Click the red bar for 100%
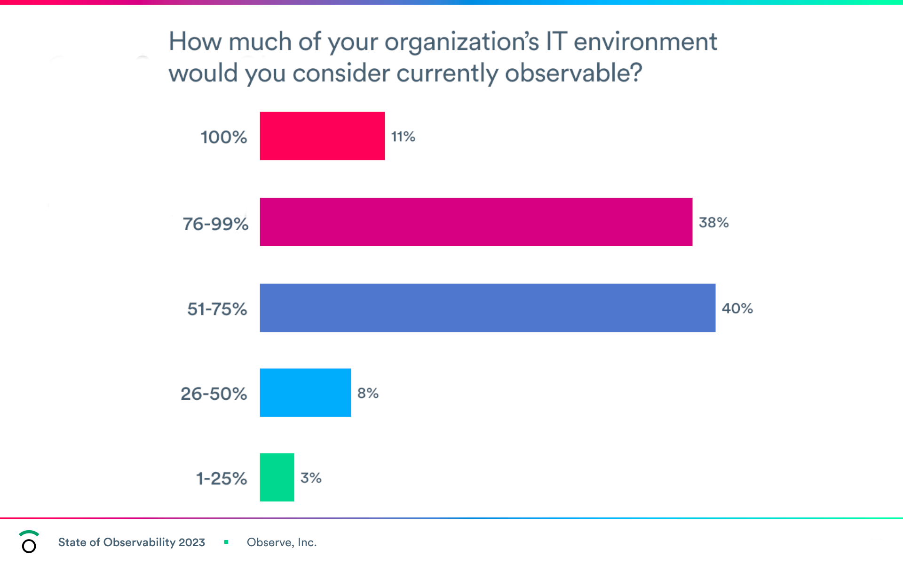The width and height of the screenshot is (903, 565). coord(322,136)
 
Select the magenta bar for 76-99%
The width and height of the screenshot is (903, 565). coord(476,222)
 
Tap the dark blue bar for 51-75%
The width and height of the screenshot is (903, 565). coord(487,308)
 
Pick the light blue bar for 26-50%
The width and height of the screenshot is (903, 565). coord(305,393)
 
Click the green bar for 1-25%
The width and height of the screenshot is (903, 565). coord(277,477)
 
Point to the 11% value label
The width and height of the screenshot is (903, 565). coord(403,137)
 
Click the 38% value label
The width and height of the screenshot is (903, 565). coord(713,222)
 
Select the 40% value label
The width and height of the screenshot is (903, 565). coord(737,308)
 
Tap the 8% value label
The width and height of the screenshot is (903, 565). coord(368,393)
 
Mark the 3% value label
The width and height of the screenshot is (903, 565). coord(311,478)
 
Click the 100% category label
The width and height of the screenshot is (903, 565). coord(224,137)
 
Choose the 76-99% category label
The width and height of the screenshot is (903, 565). coord(215,224)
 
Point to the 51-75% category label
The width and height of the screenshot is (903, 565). coord(217,309)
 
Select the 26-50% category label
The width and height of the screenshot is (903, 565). coord(214,394)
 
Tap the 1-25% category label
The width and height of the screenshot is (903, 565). coord(221,478)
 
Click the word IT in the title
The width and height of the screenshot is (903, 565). coord(556,41)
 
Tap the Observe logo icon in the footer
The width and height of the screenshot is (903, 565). coord(29,542)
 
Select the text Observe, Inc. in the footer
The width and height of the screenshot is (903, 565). coord(282,542)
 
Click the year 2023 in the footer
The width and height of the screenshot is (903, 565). coord(192,542)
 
